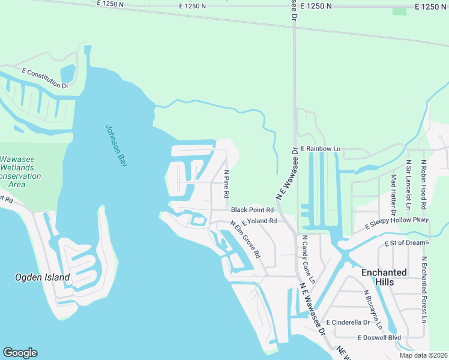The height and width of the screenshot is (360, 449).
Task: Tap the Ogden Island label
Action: click(x=42, y=277)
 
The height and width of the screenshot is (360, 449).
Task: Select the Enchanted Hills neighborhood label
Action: click(x=384, y=277)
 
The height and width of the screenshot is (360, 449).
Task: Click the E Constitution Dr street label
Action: click(x=46, y=79)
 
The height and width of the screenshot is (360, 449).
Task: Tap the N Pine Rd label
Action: click(x=227, y=184)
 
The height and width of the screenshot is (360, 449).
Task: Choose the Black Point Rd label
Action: click(x=252, y=210)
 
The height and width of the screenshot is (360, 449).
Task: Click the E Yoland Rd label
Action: click(x=259, y=221)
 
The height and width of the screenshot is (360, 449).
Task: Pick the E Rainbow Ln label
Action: click(x=321, y=148)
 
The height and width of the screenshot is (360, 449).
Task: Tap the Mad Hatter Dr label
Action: click(x=394, y=195)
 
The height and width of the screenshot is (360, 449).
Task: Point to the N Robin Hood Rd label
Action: click(x=424, y=184)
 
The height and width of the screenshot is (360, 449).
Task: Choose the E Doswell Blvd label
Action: click(x=379, y=338)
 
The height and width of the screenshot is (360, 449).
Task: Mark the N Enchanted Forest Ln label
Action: click(x=424, y=289)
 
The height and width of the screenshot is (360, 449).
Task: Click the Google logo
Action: click(x=20, y=353)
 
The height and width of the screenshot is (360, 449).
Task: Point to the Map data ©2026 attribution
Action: click(x=423, y=355)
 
